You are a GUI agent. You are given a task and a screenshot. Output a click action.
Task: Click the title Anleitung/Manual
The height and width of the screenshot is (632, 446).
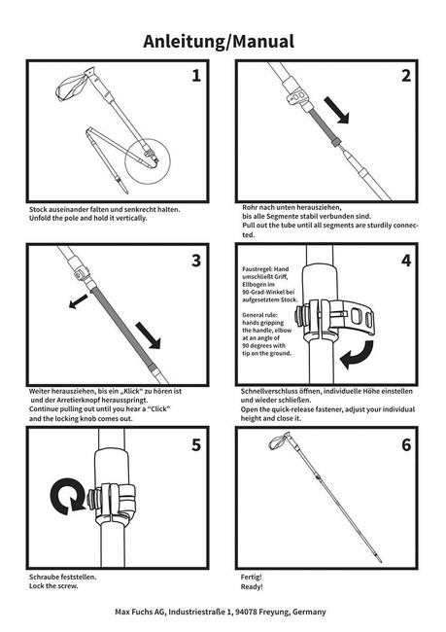point(223,41)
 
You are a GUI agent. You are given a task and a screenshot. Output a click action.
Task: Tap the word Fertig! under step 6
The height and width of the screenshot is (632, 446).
point(251,578)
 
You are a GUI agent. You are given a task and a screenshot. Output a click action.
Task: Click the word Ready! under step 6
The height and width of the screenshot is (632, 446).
point(252,587)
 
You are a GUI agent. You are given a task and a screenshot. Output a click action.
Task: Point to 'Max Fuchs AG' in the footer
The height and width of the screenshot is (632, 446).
point(142,613)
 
